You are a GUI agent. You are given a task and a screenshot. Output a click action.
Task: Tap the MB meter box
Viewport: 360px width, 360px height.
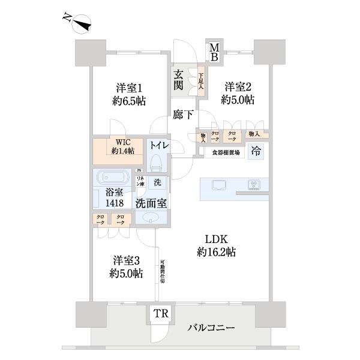pyautogui.click(x=214, y=51)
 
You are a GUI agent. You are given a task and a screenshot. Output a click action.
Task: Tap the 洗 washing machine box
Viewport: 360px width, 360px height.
pyautogui.click(x=157, y=182)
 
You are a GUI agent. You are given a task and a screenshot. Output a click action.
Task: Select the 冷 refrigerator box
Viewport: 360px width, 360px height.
pyautogui.click(x=256, y=151)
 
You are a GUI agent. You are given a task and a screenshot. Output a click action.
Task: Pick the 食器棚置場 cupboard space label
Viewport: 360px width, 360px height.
pyautogui.click(x=226, y=153)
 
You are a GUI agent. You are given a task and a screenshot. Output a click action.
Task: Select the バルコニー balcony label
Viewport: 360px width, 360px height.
pyautogui.click(x=211, y=328)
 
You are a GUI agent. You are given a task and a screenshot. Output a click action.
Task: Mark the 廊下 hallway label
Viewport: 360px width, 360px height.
pyautogui.click(x=182, y=114)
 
